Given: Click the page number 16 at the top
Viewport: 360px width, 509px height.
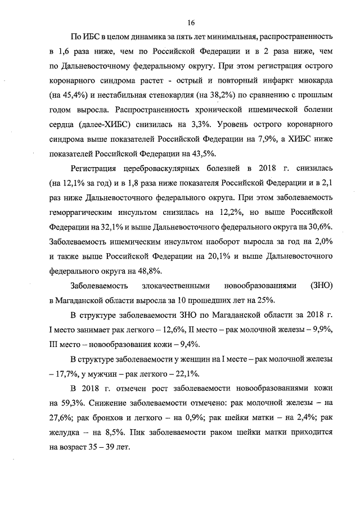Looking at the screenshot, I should [191, 22].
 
